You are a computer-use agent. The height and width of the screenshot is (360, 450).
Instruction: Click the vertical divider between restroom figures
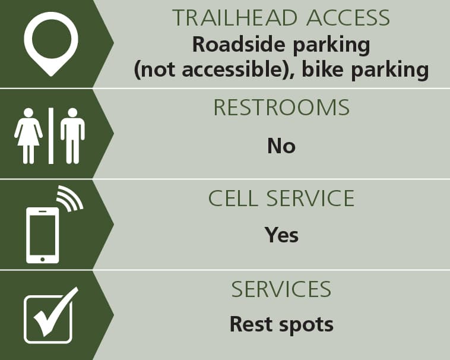(x=51, y=136)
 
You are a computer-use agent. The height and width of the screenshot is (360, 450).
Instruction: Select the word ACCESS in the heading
(x=348, y=18)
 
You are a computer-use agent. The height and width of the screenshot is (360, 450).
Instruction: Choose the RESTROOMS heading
(x=281, y=108)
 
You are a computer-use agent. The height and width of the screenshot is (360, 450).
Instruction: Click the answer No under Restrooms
(x=281, y=146)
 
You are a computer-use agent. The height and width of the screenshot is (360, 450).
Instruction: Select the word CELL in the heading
(x=233, y=198)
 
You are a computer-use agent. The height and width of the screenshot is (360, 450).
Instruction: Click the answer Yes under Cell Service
(x=281, y=235)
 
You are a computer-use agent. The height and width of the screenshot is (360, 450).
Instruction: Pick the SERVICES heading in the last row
(x=281, y=289)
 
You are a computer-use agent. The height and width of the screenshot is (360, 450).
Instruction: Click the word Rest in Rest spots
(x=251, y=324)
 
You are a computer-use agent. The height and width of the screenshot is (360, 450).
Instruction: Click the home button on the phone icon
(x=43, y=259)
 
